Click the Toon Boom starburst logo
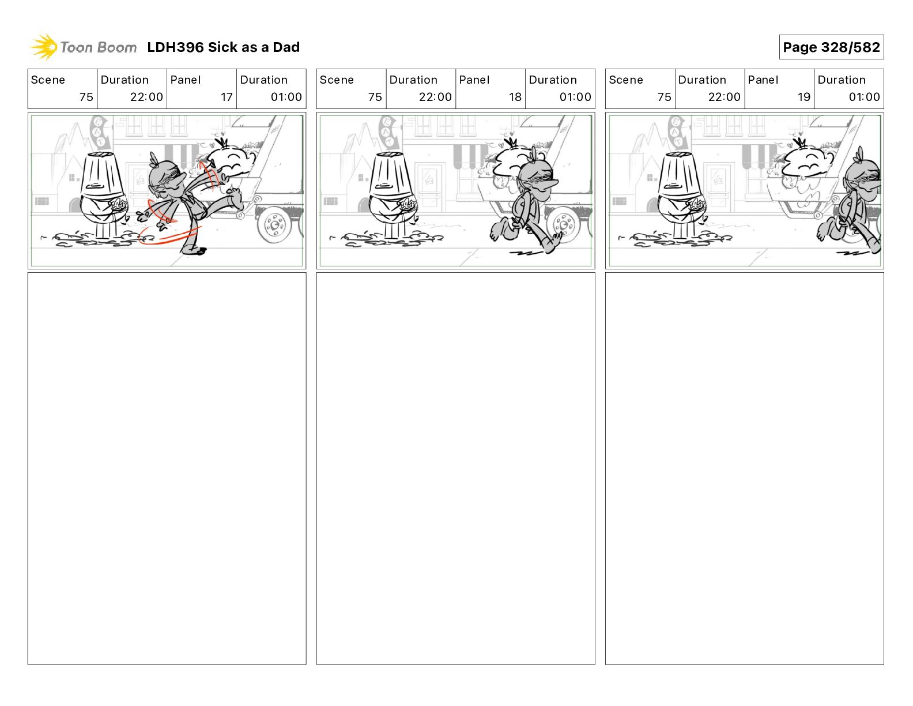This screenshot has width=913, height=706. coord(44,47)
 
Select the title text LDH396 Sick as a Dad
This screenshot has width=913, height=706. coord(223,47)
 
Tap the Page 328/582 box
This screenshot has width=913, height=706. coord(831,47)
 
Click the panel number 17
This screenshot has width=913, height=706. coord(227,97)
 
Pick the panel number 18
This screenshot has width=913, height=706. coord(515,97)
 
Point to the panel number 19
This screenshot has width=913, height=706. coord(803,97)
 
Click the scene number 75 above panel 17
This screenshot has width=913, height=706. coord(86,97)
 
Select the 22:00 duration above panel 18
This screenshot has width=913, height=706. coord(435,97)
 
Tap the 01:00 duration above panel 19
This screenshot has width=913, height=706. coord(864,97)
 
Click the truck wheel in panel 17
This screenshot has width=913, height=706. coord(274,225)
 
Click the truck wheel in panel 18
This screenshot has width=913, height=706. coord(564,225)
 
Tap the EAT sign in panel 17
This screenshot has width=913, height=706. coord(100,132)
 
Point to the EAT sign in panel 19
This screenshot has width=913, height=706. coord(677,132)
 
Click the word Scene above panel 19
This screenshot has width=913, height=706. coord(625,80)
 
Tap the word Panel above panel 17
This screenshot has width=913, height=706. coord(185,80)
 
